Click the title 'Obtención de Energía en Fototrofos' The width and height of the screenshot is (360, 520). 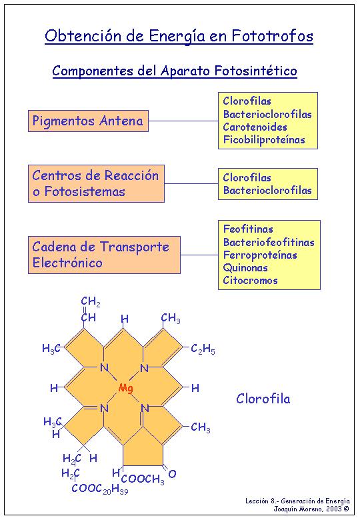pos(179,36)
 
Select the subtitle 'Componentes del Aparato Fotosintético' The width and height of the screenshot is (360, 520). pos(175,71)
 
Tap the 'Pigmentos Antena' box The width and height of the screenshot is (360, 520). pos(88,121)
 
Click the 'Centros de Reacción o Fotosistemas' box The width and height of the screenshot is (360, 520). pos(96,183)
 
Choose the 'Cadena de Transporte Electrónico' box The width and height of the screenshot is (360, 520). pos(104,255)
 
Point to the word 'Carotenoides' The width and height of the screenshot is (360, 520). pos(255,127)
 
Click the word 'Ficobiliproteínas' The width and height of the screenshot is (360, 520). pos(264,139)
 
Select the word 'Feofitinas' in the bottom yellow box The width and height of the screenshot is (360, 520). pos(248,229)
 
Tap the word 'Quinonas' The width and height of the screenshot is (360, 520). pos(245,267)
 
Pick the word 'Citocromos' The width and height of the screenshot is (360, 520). pos(250,280)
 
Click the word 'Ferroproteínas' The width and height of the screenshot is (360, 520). pos(260,255)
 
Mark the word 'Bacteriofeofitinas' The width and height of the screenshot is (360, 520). pos(269,242)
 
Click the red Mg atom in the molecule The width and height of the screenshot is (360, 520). pos(126,388)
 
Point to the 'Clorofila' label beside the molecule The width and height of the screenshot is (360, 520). pos(263,399)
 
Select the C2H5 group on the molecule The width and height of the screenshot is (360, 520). pos(203,349)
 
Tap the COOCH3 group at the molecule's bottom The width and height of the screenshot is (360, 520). pos(143,479)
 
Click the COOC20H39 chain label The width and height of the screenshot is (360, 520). pos(100,489)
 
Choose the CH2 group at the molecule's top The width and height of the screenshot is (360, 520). pos(91,301)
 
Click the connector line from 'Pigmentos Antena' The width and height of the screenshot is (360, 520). pos(183,121)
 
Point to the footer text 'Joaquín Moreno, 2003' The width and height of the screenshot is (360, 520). pos(311,509)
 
